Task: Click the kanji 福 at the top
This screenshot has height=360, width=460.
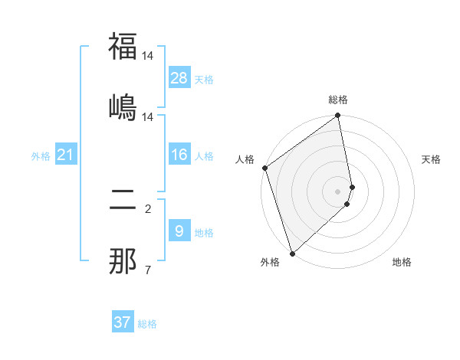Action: [123, 47]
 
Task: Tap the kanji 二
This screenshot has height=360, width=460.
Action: [123, 201]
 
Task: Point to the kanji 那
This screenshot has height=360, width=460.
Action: [123, 260]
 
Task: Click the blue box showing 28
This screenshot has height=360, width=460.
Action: [179, 78]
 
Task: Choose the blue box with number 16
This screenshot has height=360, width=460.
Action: [179, 155]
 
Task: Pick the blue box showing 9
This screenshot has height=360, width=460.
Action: [179, 231]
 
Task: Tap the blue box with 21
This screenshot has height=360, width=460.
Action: [66, 155]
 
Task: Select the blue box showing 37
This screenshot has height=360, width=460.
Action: [123, 322]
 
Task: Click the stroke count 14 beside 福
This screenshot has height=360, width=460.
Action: [147, 56]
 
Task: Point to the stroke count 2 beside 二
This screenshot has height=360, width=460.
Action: [147, 208]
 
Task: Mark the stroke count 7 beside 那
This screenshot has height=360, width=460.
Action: [147, 269]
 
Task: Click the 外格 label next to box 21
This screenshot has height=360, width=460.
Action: [41, 156]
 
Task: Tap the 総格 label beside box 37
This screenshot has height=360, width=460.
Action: [147, 324]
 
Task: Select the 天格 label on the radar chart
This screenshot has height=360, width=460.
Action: [431, 159]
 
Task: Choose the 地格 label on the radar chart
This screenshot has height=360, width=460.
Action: [402, 262]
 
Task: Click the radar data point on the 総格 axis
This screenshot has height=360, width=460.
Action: [338, 116]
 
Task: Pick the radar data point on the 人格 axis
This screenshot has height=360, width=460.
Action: [264, 168]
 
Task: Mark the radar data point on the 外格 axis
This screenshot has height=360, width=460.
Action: [292, 253]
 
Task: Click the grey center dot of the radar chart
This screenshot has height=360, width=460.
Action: [338, 191]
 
